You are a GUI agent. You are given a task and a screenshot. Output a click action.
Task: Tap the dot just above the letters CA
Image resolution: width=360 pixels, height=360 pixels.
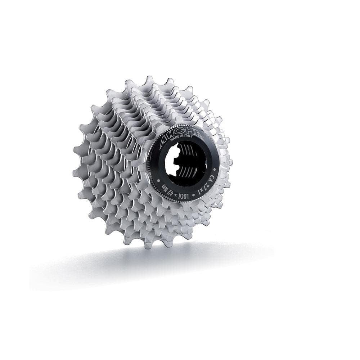(x=215, y=168)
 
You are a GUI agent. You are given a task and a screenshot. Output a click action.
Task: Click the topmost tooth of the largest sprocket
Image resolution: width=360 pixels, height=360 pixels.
(x=149, y=80)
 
